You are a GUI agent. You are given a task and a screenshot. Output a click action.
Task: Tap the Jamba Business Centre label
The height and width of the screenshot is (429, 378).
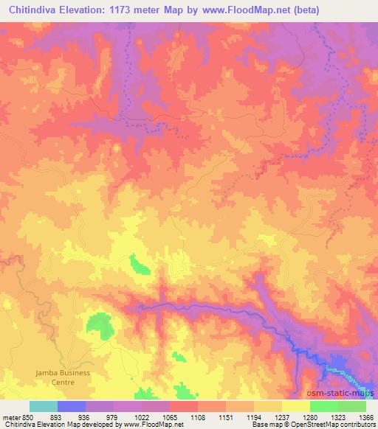pyautogui.click(x=63, y=377)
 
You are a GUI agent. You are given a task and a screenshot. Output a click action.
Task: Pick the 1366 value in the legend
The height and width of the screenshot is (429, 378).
pyautogui.click(x=357, y=418)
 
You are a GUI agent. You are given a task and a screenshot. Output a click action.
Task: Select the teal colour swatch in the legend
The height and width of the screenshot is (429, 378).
pyautogui.click(x=44, y=406)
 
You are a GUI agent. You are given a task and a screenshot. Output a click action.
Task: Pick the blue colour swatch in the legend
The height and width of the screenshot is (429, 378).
pyautogui.click(x=72, y=406)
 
